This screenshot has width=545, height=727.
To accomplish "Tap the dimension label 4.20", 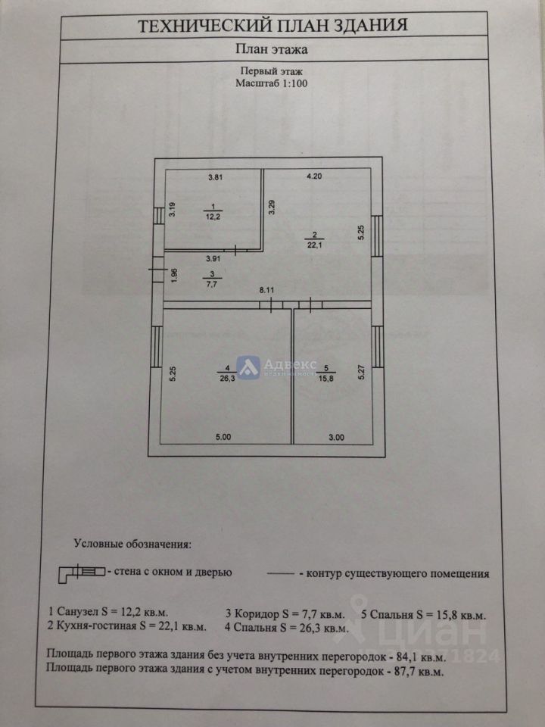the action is coord(314,178).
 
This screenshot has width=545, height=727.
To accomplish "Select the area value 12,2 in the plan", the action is coord(213,216).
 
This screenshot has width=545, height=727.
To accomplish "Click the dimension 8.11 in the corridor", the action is coord(266,289).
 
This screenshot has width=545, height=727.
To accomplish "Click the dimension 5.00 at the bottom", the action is coord(225,437).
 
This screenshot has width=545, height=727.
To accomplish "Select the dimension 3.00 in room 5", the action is coord(336,437).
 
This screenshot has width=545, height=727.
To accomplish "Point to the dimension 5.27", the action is coord(362,373).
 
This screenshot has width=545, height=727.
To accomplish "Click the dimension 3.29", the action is coord(272,207).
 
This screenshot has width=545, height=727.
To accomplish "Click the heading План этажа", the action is coord(272,51).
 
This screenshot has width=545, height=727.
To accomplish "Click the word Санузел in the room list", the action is coord(76,613).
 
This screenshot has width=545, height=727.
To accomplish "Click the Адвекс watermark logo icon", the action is coord(248,367).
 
